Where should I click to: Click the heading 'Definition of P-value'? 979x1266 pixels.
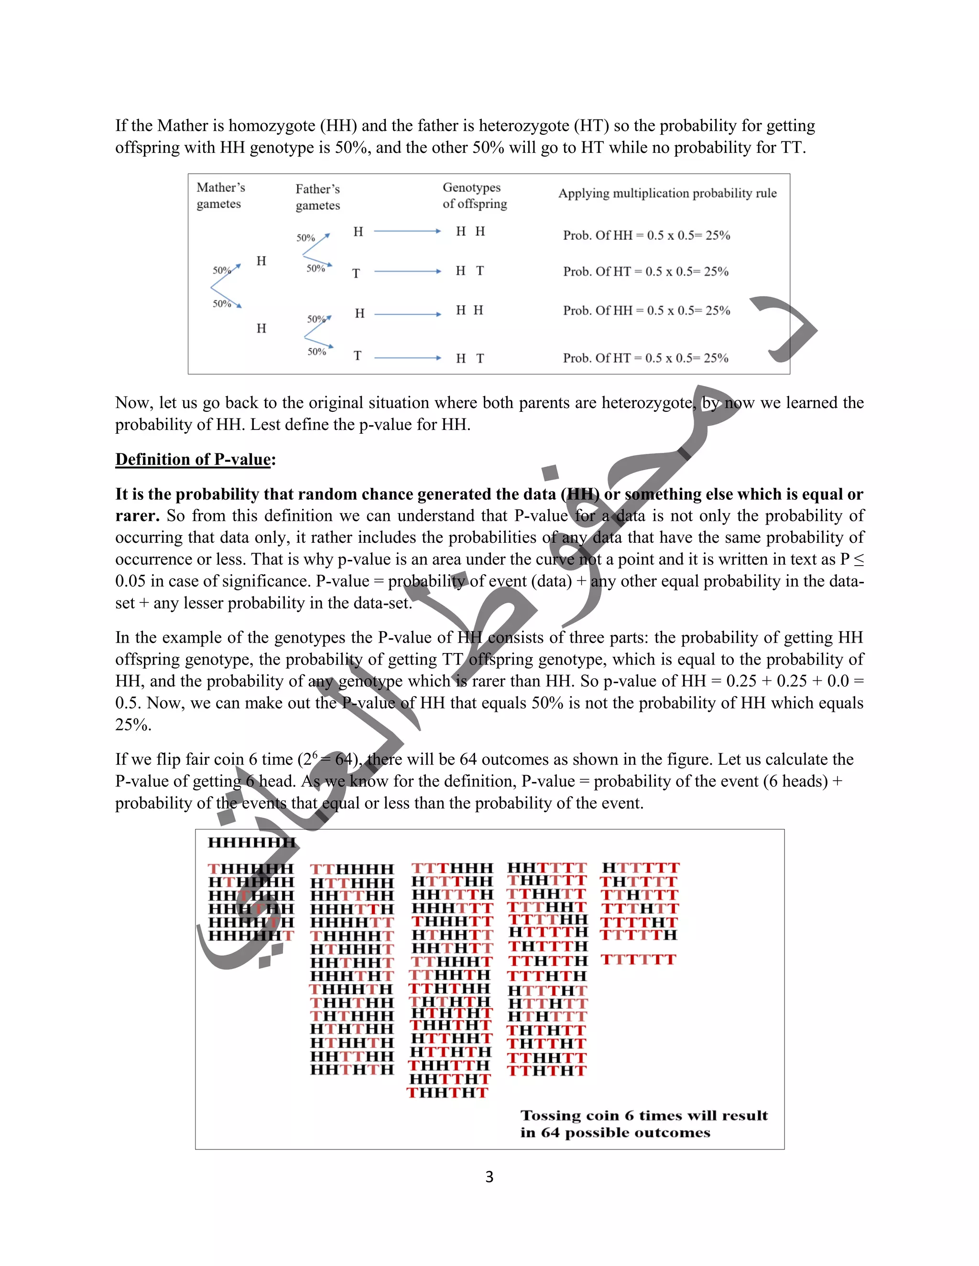click(193, 459)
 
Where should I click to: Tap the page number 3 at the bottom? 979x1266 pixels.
click(489, 1177)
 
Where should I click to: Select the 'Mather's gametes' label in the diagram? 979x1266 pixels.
click(220, 195)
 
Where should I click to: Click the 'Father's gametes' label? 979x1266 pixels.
click(317, 197)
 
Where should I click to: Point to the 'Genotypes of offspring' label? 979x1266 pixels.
click(474, 195)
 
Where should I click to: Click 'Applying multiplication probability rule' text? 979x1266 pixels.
click(667, 193)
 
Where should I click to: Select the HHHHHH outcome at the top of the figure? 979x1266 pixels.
click(251, 842)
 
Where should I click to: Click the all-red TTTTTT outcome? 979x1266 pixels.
click(638, 960)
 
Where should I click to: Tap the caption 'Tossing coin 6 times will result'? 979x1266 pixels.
click(644, 1116)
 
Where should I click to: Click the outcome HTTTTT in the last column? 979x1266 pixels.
click(640, 868)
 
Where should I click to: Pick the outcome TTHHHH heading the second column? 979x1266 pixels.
click(352, 869)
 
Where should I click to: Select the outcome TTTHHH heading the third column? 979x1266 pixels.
click(452, 868)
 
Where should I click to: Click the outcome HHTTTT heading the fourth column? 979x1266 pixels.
click(547, 868)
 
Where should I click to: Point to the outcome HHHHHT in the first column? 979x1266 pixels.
click(251, 935)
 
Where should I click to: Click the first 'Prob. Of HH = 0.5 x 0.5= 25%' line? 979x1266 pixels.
click(646, 236)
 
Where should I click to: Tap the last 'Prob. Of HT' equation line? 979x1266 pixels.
click(645, 358)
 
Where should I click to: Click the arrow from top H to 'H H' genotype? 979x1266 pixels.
click(407, 231)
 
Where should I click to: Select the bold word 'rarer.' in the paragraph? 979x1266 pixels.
click(138, 516)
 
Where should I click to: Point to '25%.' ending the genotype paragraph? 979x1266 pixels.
click(133, 725)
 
